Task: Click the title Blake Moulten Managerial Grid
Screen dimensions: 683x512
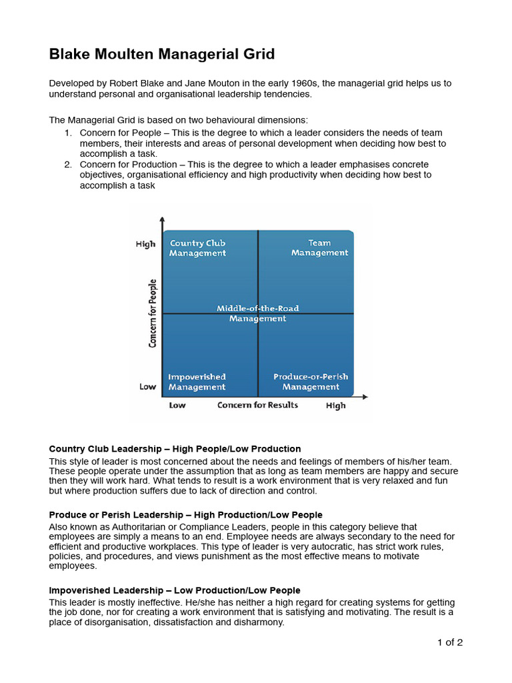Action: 161,55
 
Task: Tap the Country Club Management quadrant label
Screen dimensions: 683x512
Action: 197,248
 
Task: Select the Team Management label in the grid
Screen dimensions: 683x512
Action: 319,248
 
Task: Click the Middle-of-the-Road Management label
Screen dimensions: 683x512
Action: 257,313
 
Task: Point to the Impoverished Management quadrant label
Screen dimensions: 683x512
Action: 197,382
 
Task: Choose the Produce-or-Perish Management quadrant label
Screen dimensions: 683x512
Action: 311,382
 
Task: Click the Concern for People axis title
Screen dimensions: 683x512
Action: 153,313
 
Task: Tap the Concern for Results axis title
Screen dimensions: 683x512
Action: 257,405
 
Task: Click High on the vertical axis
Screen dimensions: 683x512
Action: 145,244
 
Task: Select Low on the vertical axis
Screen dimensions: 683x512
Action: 147,387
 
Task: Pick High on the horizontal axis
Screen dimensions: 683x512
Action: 336,406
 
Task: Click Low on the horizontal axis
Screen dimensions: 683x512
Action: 177,405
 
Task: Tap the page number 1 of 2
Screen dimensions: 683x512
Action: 449,642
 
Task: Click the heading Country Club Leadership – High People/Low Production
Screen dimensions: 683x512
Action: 175,449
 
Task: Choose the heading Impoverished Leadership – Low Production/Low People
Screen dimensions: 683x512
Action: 175,590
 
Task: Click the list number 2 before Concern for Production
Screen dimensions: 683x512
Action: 68,165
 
